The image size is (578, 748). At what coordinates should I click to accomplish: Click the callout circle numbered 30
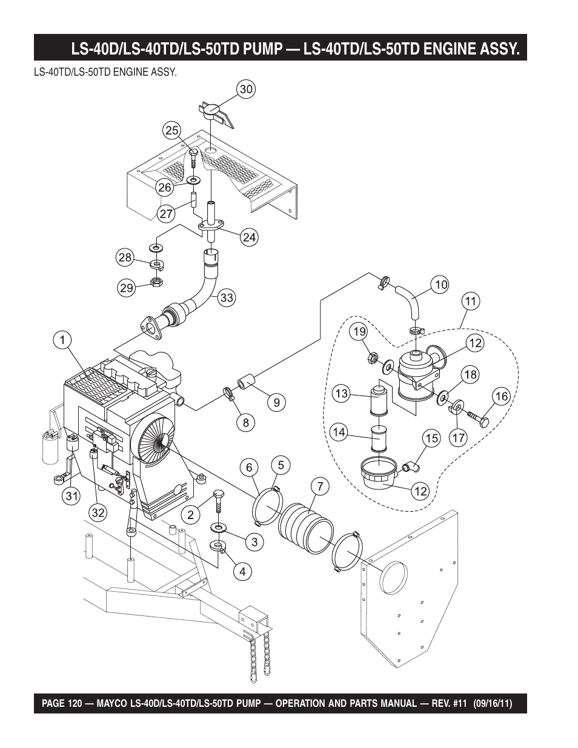(246, 90)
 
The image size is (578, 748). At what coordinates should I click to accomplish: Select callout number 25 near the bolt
(172, 130)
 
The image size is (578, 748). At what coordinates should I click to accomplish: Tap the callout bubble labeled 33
(227, 297)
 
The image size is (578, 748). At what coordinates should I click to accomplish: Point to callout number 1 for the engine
(62, 340)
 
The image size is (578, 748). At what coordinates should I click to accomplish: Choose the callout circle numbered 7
(320, 486)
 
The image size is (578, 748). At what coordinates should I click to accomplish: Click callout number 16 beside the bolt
(502, 397)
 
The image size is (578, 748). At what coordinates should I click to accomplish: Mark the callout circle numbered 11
(471, 302)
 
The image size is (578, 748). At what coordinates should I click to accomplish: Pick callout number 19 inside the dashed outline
(359, 332)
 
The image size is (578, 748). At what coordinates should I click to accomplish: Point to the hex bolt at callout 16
(479, 419)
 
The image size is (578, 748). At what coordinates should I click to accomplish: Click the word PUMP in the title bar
(263, 49)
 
